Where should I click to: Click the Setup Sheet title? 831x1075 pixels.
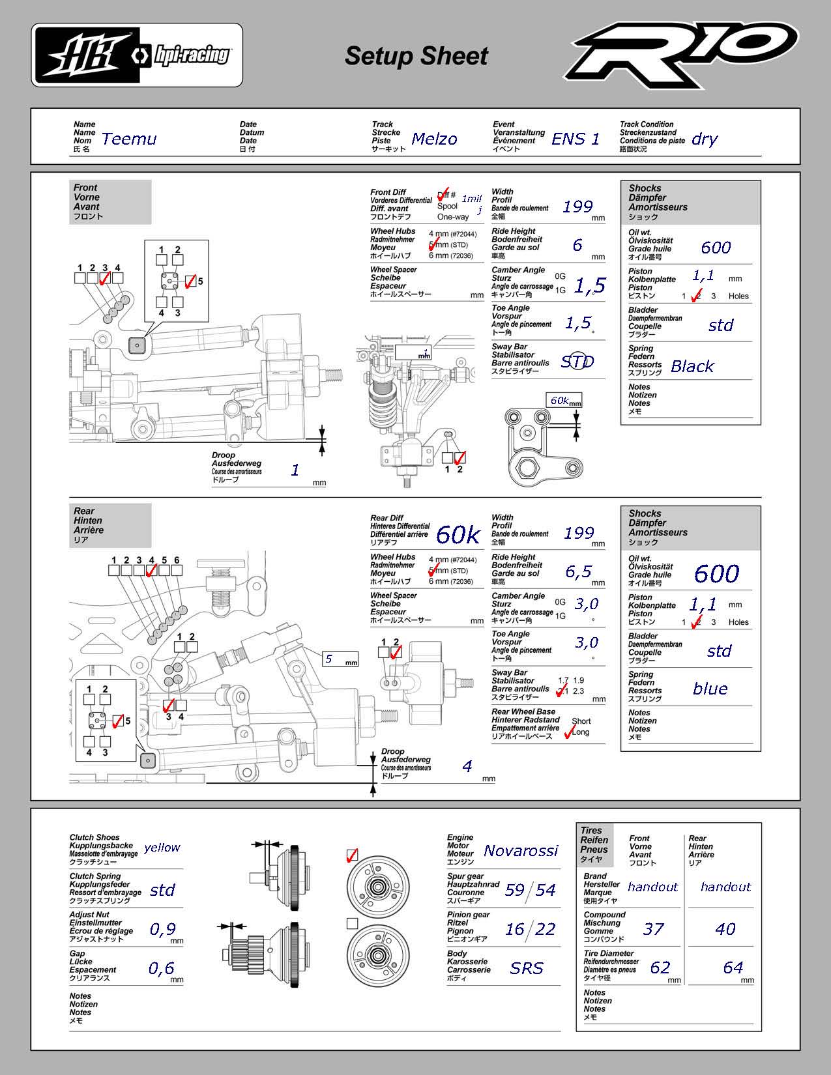click(416, 56)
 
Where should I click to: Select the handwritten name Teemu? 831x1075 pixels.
click(129, 139)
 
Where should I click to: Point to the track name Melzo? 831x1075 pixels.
click(434, 139)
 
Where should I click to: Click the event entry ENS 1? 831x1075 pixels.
click(576, 139)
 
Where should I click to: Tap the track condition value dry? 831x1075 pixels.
click(705, 139)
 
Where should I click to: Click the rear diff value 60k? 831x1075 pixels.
click(458, 535)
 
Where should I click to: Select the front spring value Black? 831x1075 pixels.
click(692, 367)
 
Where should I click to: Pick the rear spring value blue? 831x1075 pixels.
click(710, 689)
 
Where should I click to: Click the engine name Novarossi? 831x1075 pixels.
click(521, 850)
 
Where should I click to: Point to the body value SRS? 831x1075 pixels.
click(527, 968)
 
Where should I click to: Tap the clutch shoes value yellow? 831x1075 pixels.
click(162, 847)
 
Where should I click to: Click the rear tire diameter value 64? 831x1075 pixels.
click(733, 967)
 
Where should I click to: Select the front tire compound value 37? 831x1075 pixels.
click(653, 929)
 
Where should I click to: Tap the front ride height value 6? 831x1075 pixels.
click(577, 245)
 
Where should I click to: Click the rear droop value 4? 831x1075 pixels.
click(467, 766)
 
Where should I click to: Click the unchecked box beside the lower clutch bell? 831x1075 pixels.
click(352, 923)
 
